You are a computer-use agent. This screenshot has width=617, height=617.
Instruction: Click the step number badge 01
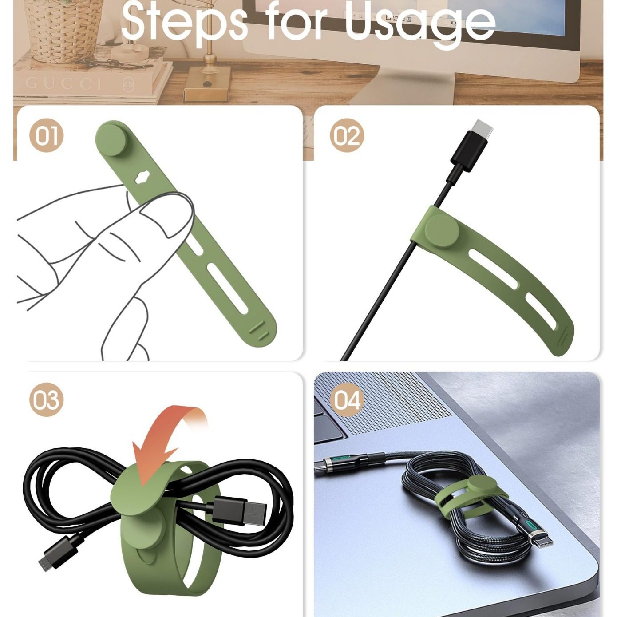[x=47, y=135]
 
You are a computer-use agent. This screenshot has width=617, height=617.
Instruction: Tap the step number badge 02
[x=347, y=135]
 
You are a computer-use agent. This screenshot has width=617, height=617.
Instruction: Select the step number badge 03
[x=47, y=399]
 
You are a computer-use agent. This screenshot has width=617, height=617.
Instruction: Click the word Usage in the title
[x=419, y=22]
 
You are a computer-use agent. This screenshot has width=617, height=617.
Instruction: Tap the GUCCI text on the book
[x=64, y=83]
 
